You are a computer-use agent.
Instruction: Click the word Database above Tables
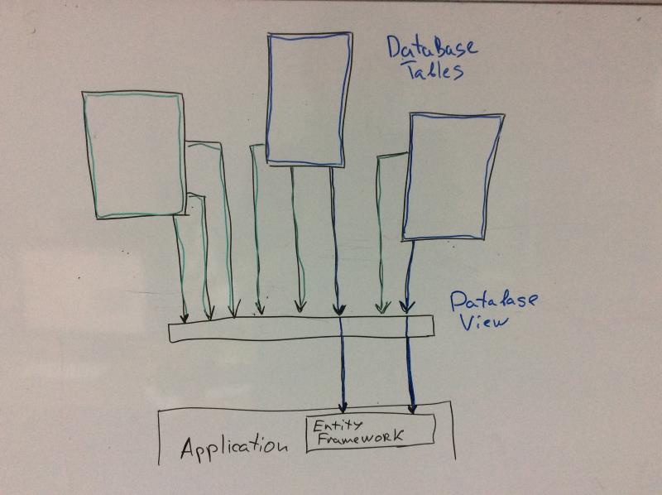coord(431,48)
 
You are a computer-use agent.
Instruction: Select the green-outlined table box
coord(133,155)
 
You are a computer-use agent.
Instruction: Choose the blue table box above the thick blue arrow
coord(453,176)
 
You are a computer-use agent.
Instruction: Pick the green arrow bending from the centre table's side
coord(256,232)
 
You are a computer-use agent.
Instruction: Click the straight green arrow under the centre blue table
coord(295,240)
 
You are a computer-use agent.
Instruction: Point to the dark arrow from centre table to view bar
coord(335,240)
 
